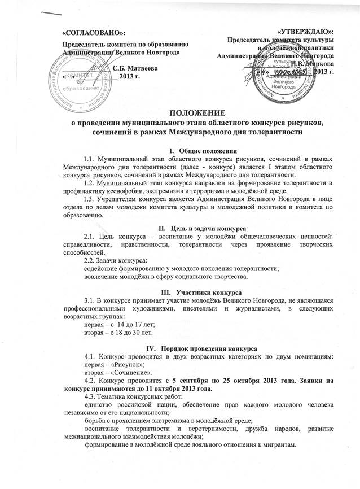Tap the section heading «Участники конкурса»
point(209,292)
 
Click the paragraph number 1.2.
point(90,184)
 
